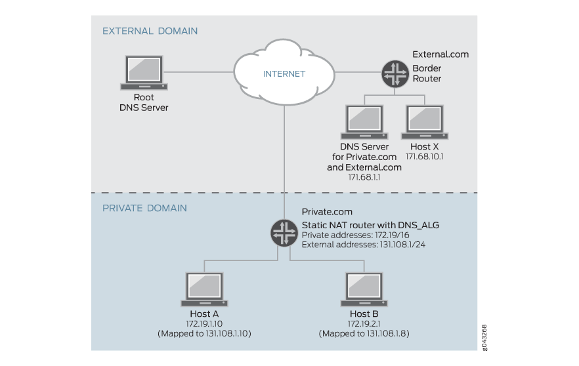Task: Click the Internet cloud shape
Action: point(284,73)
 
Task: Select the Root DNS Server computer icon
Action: point(144,71)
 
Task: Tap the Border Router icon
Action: point(395,74)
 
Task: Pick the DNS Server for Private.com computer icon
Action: point(364,121)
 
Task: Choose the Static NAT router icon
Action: point(284,232)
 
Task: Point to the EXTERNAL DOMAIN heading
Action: point(150,31)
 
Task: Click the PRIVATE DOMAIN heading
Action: point(144,208)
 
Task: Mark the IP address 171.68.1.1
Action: point(364,177)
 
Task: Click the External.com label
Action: point(440,54)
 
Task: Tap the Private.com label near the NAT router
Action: point(327,213)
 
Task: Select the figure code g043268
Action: point(484,337)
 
